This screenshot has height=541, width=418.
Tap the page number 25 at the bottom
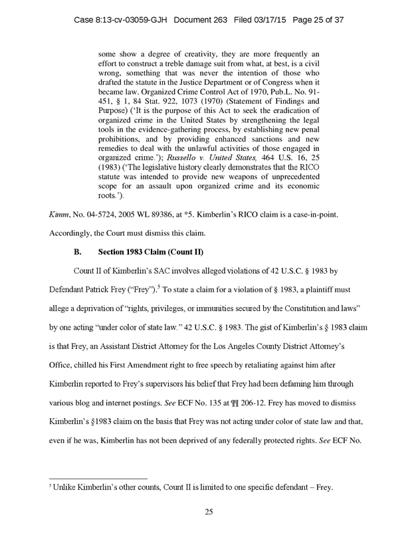tap(209, 511)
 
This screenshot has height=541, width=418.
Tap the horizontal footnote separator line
tap(98, 478)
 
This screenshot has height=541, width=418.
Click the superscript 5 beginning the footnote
tap(51, 487)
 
